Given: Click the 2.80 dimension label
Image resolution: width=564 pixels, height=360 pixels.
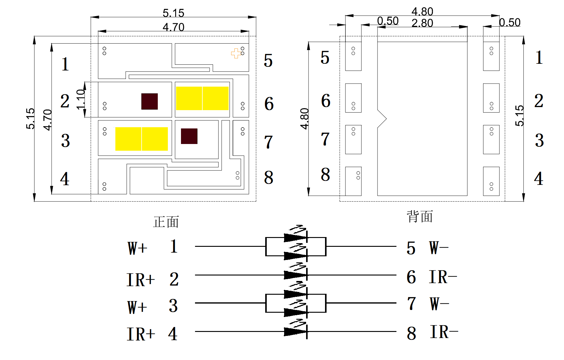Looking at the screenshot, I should (x=422, y=23).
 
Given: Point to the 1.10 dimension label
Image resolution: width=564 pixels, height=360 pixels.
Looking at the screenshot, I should (x=81, y=99).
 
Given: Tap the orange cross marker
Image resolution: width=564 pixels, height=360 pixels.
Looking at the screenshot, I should (x=236, y=53).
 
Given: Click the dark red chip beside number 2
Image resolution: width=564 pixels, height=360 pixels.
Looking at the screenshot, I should (x=150, y=101).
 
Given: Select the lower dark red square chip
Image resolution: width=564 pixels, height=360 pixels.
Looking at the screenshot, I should (x=189, y=136).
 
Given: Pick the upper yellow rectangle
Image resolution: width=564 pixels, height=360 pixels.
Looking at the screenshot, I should (x=202, y=98).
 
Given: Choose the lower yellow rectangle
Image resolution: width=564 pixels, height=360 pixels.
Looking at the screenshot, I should (x=141, y=139).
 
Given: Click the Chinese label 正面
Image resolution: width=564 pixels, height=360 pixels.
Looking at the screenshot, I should (x=166, y=222).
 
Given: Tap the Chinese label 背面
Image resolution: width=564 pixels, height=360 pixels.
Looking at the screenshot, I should (x=420, y=217).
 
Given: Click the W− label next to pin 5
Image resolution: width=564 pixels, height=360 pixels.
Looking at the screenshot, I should (x=439, y=248).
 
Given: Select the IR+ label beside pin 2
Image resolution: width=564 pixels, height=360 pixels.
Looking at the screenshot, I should (x=141, y=280).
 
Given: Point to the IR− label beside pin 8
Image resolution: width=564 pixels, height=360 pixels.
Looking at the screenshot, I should (x=444, y=332).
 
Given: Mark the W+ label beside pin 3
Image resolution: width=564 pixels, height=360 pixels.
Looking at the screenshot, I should (x=137, y=307).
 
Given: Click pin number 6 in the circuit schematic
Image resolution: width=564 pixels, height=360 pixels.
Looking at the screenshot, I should (x=411, y=277).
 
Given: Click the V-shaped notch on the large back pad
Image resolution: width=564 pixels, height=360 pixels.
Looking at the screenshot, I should (x=382, y=119).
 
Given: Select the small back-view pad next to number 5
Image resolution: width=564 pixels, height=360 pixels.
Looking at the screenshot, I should (x=353, y=56).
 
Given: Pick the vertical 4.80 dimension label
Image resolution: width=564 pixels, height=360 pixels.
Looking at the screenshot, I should (x=305, y=119).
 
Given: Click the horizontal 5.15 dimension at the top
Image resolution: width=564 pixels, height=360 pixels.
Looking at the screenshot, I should (x=173, y=13).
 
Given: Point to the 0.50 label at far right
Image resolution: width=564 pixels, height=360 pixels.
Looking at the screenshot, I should (x=510, y=23).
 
